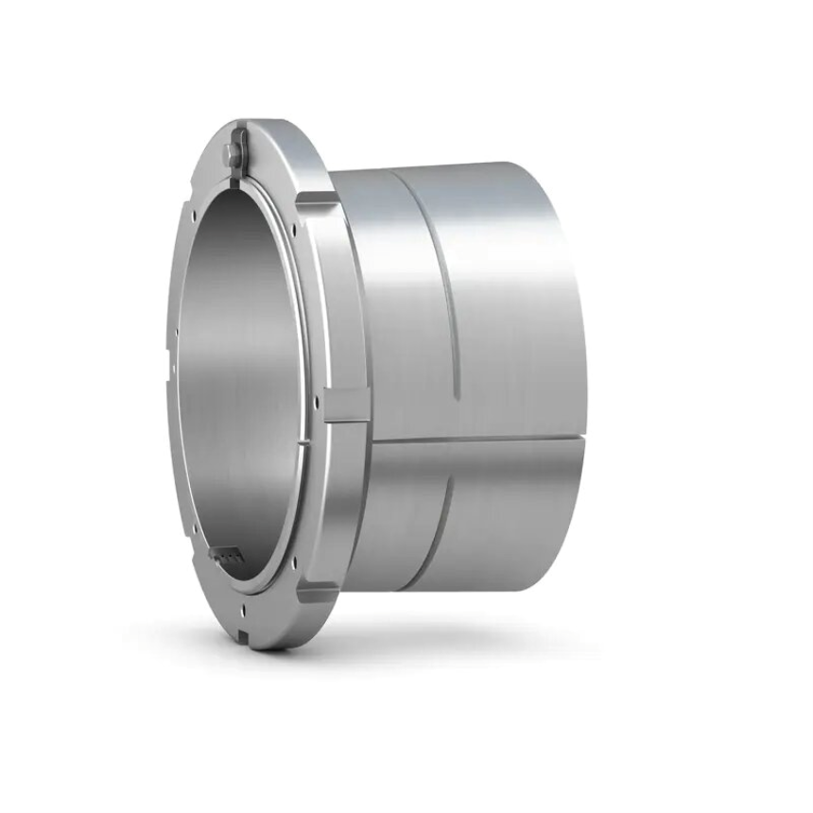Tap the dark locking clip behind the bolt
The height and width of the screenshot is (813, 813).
(x=244, y=142)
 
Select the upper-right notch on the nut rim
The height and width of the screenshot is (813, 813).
(x=318, y=199)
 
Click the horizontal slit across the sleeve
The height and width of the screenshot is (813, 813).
(x=473, y=441)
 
